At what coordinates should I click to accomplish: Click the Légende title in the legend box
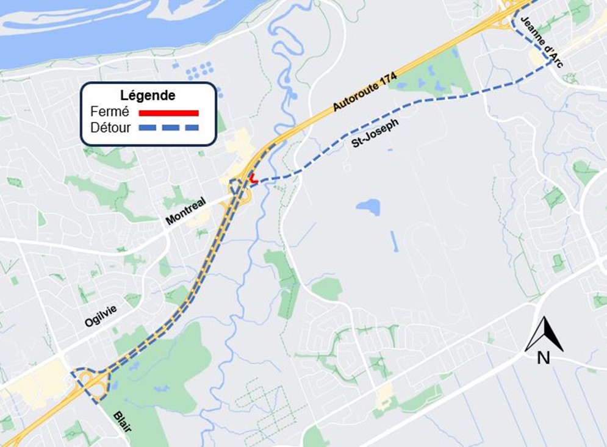(x=148, y=96)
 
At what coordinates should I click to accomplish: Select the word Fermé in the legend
(x=109, y=112)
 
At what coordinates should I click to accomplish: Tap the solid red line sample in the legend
(x=169, y=113)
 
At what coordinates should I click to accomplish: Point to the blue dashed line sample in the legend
(x=169, y=127)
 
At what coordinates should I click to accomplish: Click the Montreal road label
(x=187, y=210)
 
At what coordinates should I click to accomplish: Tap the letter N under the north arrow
(x=543, y=358)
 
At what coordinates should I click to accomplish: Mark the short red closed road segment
(x=252, y=179)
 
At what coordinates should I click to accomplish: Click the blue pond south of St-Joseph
(x=368, y=207)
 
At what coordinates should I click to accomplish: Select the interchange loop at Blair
(x=91, y=383)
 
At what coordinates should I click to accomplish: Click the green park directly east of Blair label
(x=165, y=378)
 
